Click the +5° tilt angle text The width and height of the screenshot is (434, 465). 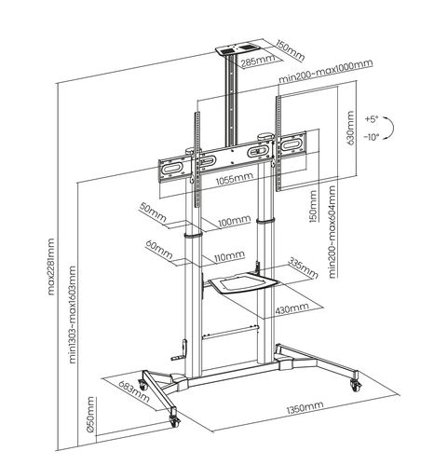[x=373, y=119]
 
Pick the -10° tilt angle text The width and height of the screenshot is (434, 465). [x=373, y=138]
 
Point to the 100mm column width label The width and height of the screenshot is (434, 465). [x=233, y=222]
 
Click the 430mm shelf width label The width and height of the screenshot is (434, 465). [x=293, y=308]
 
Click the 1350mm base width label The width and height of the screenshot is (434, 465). [x=305, y=407]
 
